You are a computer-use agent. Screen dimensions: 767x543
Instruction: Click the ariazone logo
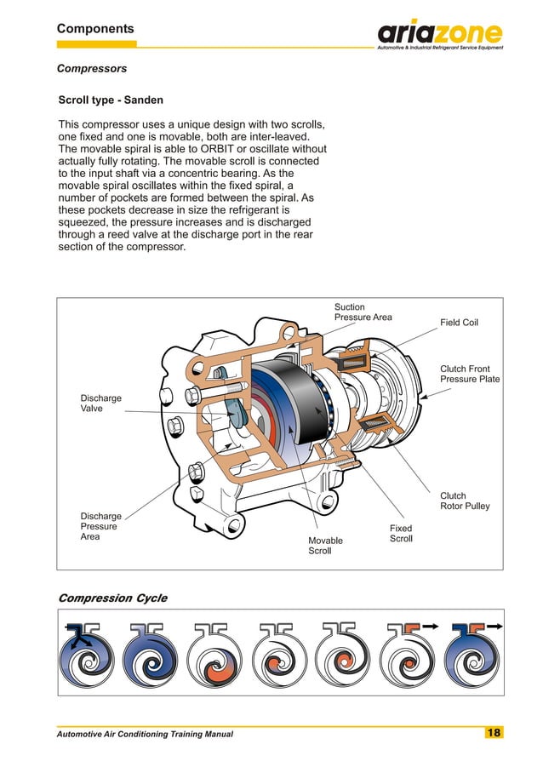tap(440, 35)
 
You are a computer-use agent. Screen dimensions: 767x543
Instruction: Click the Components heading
tap(95, 29)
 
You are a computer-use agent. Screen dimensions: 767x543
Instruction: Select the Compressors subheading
tap(91, 68)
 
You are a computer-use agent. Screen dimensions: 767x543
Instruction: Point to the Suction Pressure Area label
tap(363, 312)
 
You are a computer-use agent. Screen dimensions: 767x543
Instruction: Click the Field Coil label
tap(459, 323)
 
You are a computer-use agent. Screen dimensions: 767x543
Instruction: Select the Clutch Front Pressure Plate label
tap(469, 375)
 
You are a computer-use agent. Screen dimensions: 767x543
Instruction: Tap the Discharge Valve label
tap(100, 404)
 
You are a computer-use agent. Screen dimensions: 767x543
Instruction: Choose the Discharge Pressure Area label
tap(100, 526)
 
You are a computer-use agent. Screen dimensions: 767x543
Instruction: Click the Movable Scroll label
tap(325, 546)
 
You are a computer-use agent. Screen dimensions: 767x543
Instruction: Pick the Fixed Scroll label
tap(401, 534)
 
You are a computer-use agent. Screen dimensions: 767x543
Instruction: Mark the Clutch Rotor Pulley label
tap(465, 501)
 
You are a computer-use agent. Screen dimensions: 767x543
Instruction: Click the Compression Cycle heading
tap(111, 598)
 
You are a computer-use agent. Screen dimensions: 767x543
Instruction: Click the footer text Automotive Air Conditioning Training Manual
tap(144, 734)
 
